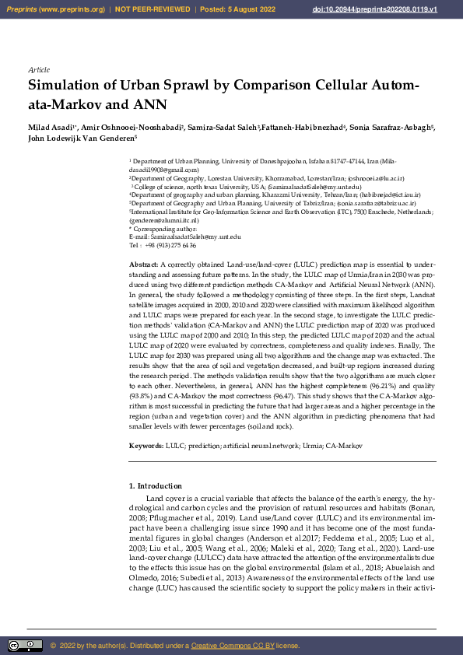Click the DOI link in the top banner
click(x=397, y=9)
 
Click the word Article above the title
click(x=39, y=70)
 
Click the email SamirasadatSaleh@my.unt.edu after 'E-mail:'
click(x=195, y=236)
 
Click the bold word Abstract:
click(x=143, y=265)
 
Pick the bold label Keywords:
click(x=146, y=446)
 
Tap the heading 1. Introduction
click(x=155, y=486)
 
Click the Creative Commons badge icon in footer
click(x=25, y=646)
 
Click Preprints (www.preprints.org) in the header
click(x=55, y=9)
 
